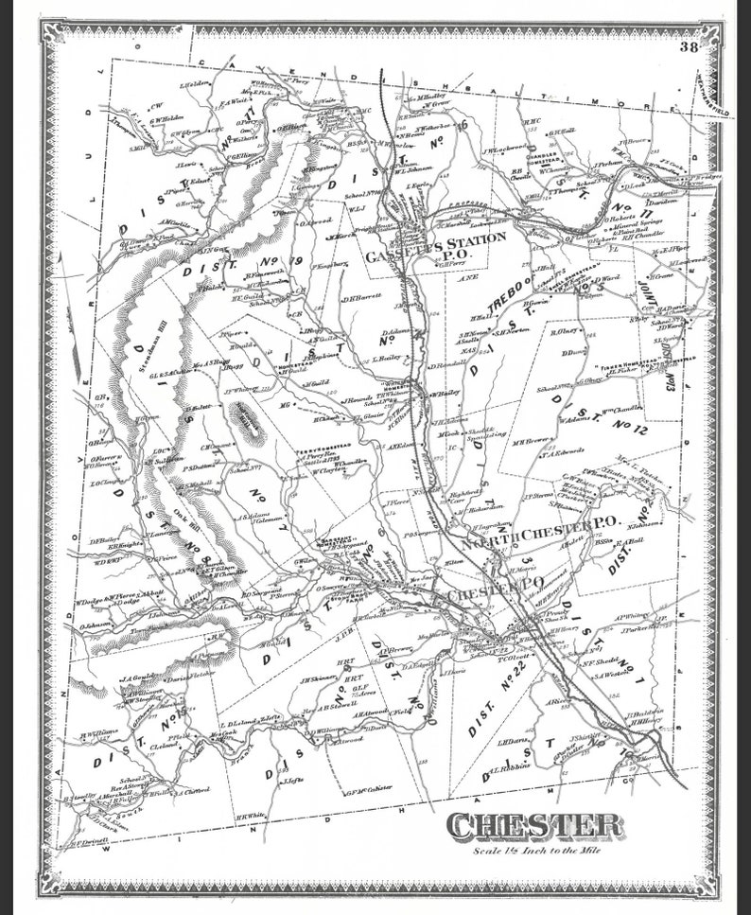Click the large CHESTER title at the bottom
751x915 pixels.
(x=535, y=824)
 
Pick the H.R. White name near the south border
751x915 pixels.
(x=250, y=815)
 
